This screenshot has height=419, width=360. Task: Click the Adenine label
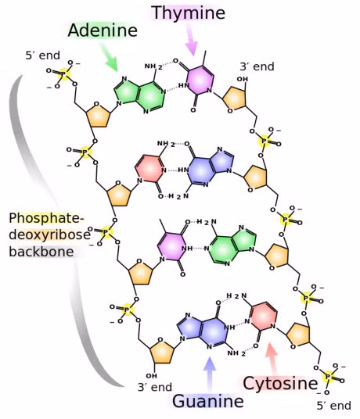coord(103,30)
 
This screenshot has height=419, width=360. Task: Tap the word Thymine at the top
coord(188,13)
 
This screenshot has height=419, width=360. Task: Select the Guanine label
coord(208,401)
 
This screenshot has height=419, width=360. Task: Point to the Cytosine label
coord(280,383)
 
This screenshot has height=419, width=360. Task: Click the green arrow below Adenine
coord(109,57)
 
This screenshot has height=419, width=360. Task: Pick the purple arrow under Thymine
coord(192,39)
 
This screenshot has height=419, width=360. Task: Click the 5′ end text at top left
coord(43,56)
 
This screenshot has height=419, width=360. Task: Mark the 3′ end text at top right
coord(257,66)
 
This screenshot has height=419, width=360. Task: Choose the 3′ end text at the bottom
coord(155,387)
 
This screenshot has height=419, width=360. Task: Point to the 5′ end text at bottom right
coord(334,406)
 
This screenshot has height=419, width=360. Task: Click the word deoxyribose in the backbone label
coord(50,235)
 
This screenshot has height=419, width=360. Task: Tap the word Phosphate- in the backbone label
coord(46,218)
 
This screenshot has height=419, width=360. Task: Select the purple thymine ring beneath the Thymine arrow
coord(199,80)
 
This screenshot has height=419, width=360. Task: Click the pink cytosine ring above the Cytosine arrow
coord(264,317)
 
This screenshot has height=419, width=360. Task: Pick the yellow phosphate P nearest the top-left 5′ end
coord(64,74)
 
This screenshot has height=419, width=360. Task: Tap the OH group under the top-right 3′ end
coord(242,79)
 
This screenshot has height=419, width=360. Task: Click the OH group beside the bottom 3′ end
coord(151,376)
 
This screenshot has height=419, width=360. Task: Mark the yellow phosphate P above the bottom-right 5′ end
coord(329,377)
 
